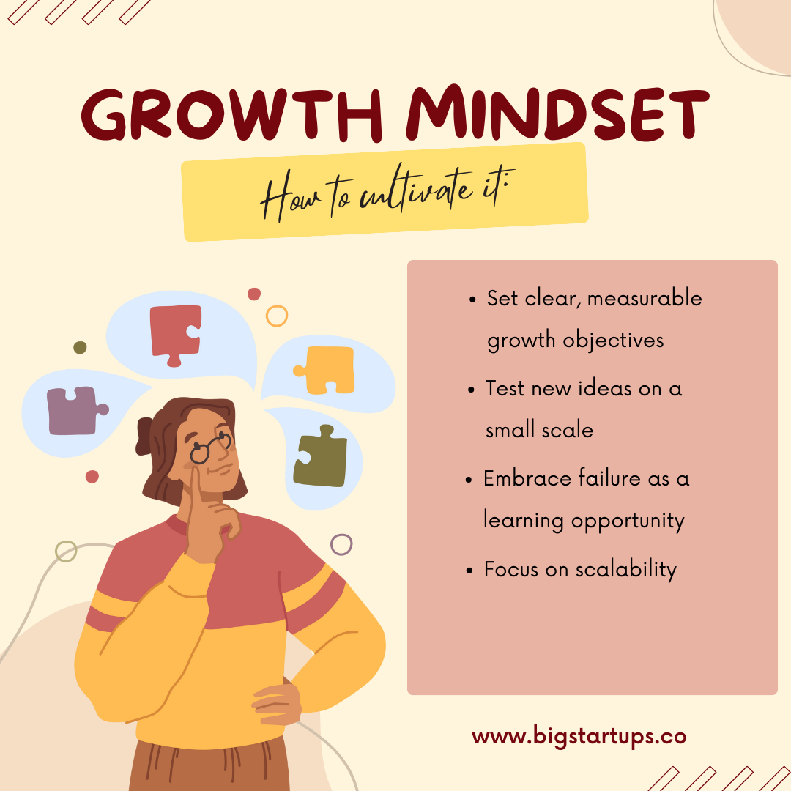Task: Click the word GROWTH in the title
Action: click(x=231, y=114)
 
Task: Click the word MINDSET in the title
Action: click(x=557, y=112)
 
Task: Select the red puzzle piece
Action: click(x=176, y=335)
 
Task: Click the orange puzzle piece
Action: click(x=325, y=370)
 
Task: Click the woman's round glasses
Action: click(x=210, y=447)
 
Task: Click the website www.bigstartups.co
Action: click(x=579, y=737)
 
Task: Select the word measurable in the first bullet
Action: click(x=645, y=298)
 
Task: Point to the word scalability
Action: click(x=626, y=570)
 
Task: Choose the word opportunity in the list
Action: click(x=628, y=521)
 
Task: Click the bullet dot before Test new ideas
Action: click(x=471, y=390)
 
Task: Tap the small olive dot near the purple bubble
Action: click(x=81, y=347)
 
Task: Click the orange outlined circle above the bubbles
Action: click(x=277, y=316)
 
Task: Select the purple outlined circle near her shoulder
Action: click(x=341, y=544)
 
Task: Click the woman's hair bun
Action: click(x=144, y=436)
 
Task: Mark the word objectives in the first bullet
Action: click(x=613, y=341)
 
